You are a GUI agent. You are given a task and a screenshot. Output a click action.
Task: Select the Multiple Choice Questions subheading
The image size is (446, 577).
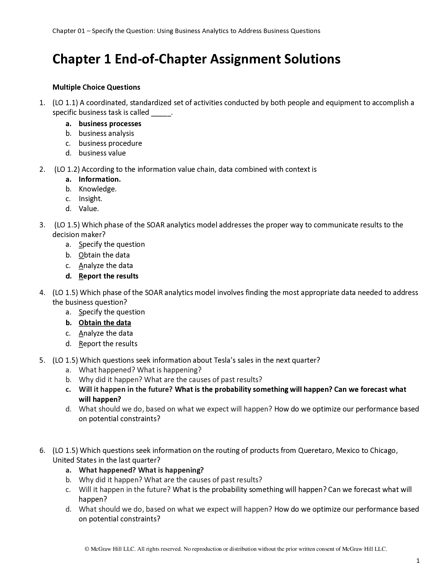tap(96, 87)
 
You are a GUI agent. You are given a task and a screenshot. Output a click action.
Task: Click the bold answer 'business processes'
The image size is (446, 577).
tap(110, 124)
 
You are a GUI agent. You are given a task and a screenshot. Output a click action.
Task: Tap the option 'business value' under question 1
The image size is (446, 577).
tap(102, 153)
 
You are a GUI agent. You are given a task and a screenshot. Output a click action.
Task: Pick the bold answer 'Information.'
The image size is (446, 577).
tap(100, 179)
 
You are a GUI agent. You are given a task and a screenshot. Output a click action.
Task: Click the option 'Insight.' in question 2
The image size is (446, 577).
tap(90, 199)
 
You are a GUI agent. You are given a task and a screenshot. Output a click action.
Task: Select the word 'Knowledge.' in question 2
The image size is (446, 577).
tap(98, 189)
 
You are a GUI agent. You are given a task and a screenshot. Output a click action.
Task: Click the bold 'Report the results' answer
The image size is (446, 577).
tap(108, 276)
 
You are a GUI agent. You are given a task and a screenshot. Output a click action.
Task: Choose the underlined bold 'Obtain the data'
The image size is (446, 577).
tap(105, 323)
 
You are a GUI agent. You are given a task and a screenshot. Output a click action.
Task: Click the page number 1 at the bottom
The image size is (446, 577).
tap(418, 561)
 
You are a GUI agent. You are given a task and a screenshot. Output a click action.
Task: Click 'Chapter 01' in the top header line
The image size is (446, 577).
tap(68, 31)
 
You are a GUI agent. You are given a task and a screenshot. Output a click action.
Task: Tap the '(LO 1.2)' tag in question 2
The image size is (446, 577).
tap(67, 169)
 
